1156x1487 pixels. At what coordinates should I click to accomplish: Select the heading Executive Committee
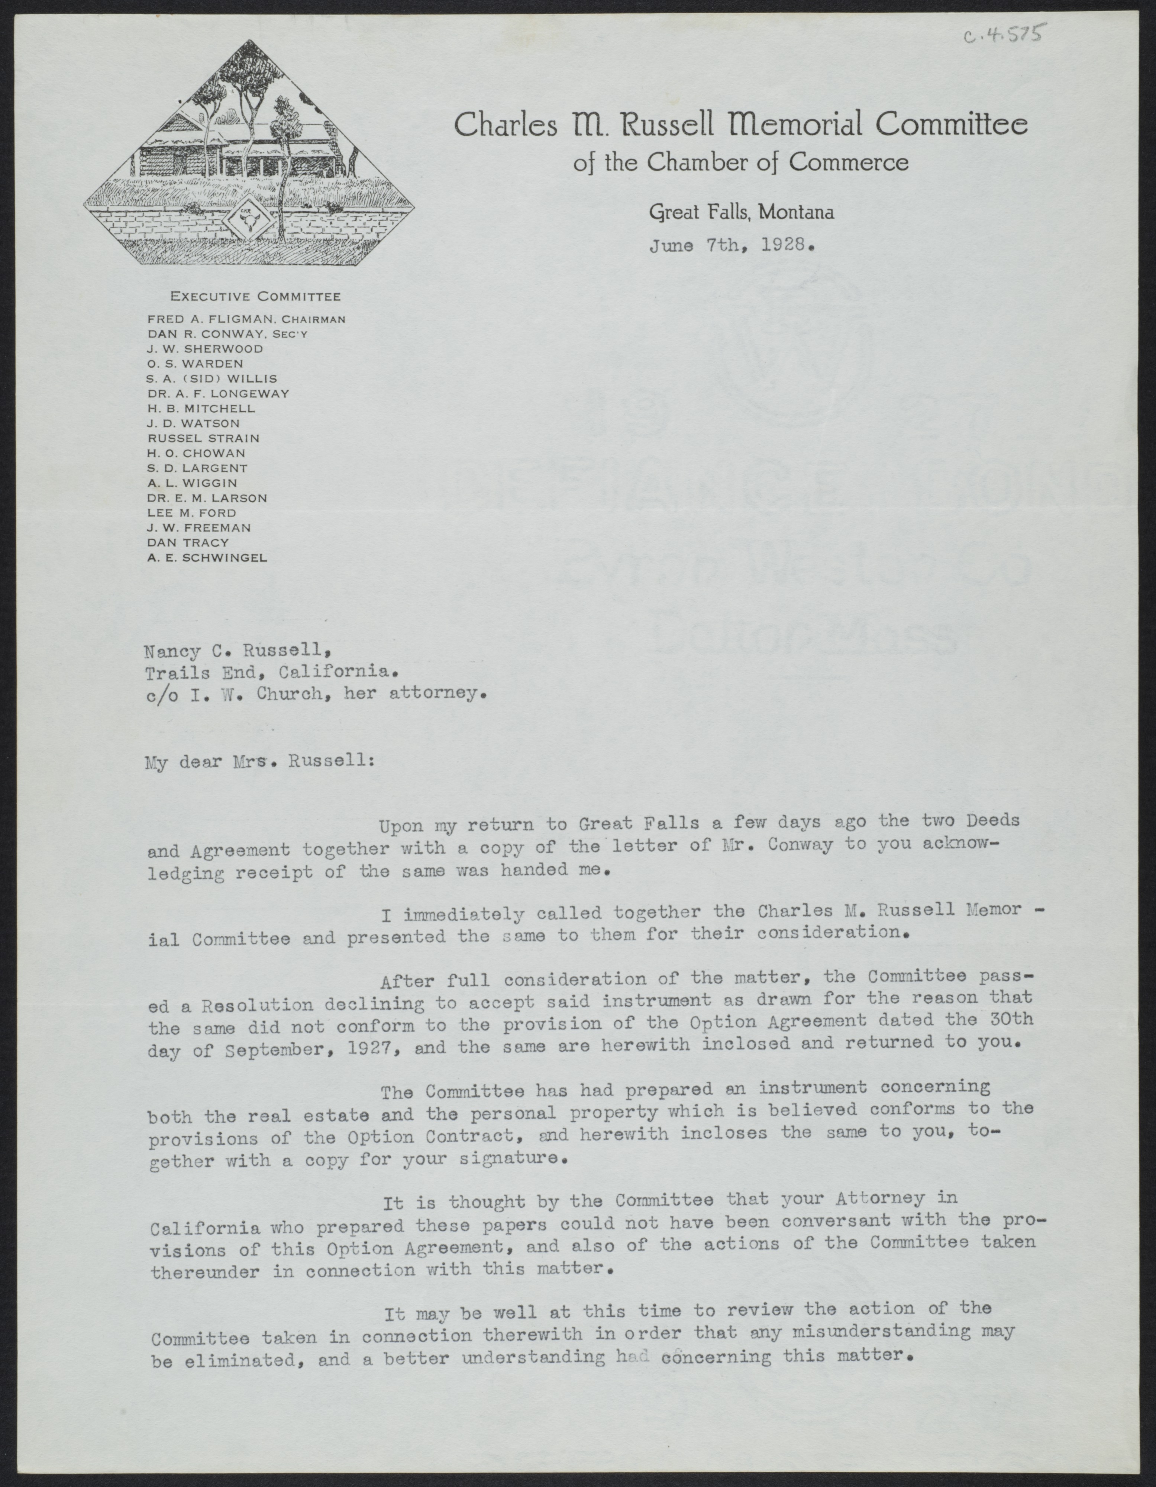[255, 297]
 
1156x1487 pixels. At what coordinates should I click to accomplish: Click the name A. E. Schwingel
[207, 558]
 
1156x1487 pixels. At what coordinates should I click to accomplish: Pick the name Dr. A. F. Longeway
[218, 394]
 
